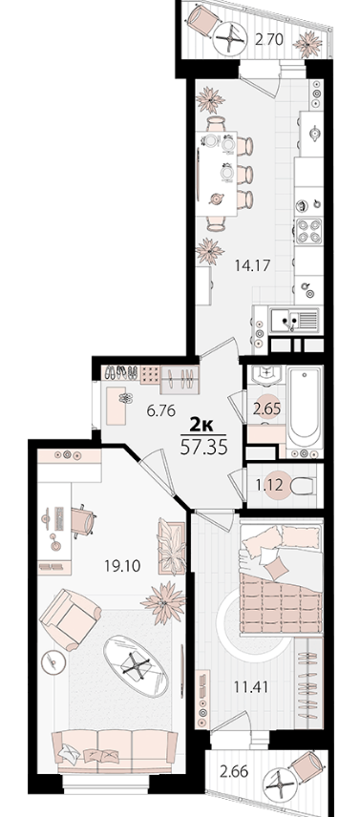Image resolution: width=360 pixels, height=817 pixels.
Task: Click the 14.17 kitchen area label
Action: [x=252, y=265]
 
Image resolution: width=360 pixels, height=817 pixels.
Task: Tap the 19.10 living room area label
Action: [x=122, y=566]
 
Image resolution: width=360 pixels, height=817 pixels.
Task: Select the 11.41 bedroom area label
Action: [x=251, y=688]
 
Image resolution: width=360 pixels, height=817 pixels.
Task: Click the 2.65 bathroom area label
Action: [x=266, y=408]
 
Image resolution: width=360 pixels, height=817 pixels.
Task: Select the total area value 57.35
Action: [x=203, y=448]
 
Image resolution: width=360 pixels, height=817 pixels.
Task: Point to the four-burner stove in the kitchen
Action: [x=309, y=231]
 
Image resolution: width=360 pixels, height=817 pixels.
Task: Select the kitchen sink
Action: [x=293, y=319]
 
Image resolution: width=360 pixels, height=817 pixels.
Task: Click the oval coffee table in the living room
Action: [x=136, y=665]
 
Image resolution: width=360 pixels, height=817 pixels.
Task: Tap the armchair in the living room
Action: [x=70, y=619]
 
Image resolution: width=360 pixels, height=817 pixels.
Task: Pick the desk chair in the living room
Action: [x=83, y=520]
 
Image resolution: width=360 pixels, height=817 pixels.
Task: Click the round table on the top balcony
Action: [x=229, y=39]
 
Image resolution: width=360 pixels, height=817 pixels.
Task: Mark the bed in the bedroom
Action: [x=281, y=578]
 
